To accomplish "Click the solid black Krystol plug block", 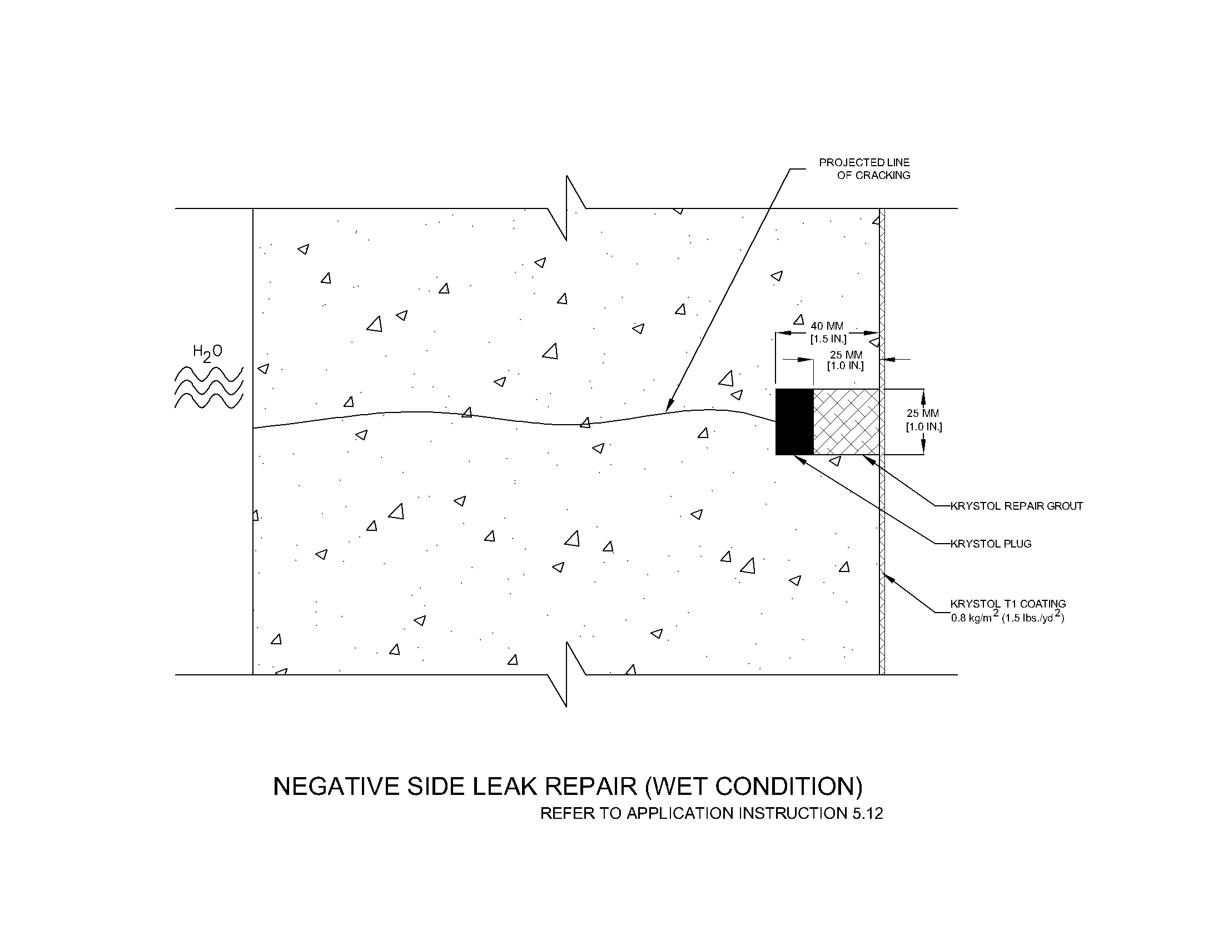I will click(794, 421).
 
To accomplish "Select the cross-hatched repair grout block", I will click(846, 421).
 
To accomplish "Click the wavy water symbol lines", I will click(209, 387).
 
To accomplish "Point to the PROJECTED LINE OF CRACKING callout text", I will click(865, 168).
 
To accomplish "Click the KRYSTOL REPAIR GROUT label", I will click(1016, 506).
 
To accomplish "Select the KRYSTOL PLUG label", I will click(991, 544).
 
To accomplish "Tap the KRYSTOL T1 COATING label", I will click(1007, 604).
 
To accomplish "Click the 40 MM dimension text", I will click(827, 326).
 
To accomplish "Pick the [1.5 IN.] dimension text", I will click(828, 339).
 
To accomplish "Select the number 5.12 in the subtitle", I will click(867, 813).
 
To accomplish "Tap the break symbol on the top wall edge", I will click(566, 208).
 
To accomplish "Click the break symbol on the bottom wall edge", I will click(566, 675).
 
